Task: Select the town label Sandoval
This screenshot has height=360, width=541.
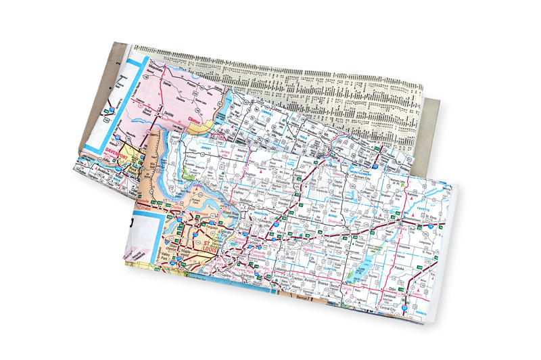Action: pos(393,296)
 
